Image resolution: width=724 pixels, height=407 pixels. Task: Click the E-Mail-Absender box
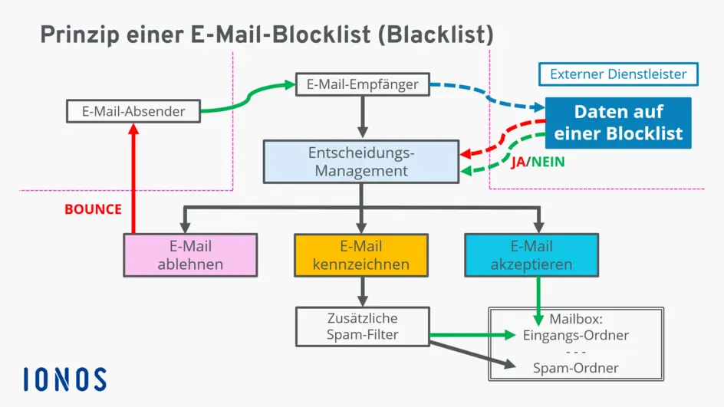(x=133, y=111)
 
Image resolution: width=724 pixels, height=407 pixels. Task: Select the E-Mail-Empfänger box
(x=362, y=84)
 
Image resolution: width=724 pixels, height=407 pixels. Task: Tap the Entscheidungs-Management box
(x=360, y=160)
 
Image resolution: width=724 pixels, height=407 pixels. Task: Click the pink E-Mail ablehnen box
(x=190, y=255)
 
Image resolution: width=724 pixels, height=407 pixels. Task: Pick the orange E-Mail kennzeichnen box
(x=360, y=255)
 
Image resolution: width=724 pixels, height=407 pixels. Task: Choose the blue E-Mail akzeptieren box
(x=531, y=255)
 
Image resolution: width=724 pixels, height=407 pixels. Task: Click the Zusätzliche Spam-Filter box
(x=362, y=326)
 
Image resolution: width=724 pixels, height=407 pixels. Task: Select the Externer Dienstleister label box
(x=618, y=74)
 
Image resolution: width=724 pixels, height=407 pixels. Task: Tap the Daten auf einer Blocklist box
(x=618, y=123)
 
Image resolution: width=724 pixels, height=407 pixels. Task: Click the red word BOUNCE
(x=93, y=208)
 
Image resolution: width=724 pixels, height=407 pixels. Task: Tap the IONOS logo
(x=64, y=379)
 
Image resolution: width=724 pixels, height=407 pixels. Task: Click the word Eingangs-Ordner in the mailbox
(x=575, y=335)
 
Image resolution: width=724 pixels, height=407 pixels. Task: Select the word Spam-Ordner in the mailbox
(x=575, y=368)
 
